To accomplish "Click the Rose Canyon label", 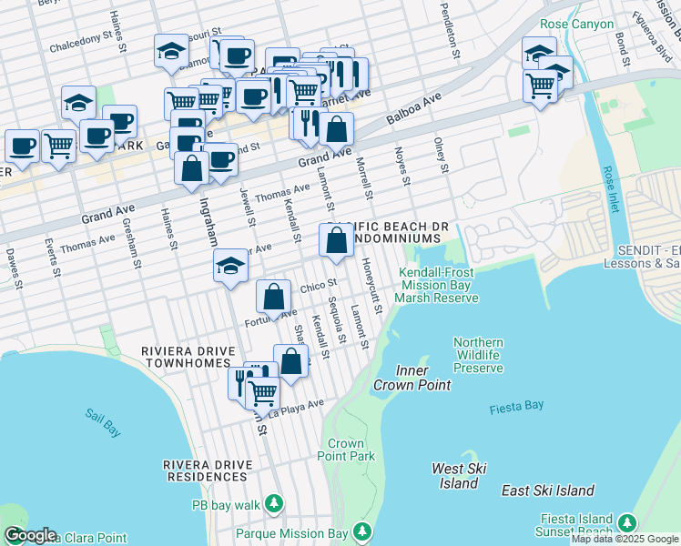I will click(577, 25).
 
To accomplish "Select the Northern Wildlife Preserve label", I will click(479, 355).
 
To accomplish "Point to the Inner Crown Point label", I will click(412, 378).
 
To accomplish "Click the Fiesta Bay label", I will click(516, 409).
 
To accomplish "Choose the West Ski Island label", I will click(459, 476).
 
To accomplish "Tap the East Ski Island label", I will click(548, 490).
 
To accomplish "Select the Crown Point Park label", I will click(351, 450).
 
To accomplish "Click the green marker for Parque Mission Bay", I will click(363, 531).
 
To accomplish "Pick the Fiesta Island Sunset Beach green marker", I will click(626, 522).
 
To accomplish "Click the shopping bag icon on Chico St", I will click(274, 296).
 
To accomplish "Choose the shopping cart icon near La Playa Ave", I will click(263, 393).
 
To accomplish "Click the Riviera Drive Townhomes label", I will click(185, 357).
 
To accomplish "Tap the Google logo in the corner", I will click(30, 535).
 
